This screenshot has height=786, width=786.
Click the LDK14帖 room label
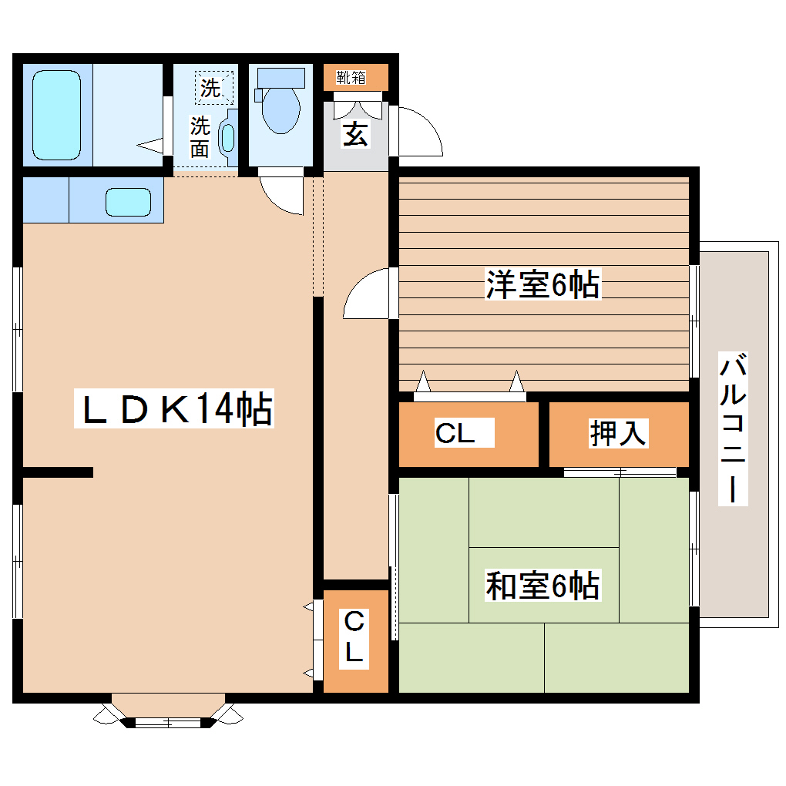(174, 409)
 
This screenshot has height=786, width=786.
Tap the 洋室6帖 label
(542, 285)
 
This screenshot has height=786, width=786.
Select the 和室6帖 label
(542, 586)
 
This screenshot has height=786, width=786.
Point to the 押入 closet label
(618, 433)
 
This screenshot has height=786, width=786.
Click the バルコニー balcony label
(733, 428)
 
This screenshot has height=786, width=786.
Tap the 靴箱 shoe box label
(351, 77)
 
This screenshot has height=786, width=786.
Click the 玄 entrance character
(354, 134)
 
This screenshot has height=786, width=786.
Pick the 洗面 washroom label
(200, 136)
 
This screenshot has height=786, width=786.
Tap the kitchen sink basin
(128, 201)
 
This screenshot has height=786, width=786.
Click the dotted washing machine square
(213, 87)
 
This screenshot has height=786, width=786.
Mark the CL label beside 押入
(455, 434)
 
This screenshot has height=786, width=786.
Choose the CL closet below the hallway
(354, 638)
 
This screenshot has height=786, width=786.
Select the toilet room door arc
(279, 195)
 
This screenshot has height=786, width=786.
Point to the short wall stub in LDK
(58, 472)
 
